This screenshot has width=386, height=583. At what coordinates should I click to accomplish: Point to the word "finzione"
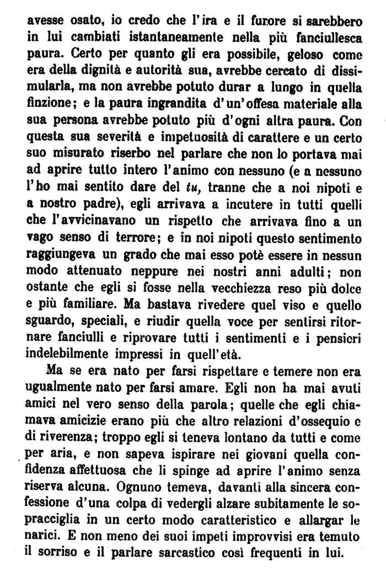pyautogui.click(x=45, y=102)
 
